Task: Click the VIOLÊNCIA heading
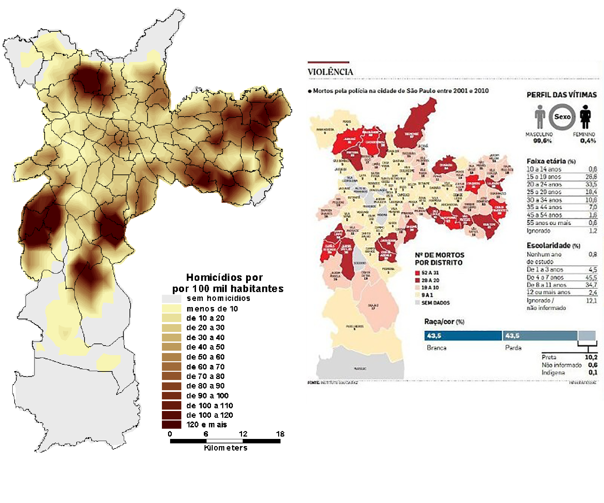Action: (330, 72)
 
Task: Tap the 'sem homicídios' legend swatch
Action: (171, 299)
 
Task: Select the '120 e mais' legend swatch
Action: (171, 425)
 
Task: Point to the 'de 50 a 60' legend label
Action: (205, 357)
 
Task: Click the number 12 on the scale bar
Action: (243, 434)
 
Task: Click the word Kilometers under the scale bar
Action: (226, 448)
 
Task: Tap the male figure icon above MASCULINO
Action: (539, 117)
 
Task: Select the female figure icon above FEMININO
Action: (585, 117)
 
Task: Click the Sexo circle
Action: (562, 117)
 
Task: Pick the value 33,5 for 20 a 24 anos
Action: (591, 184)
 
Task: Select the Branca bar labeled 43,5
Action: (463, 336)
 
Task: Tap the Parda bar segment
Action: (540, 336)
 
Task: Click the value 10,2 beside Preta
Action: (591, 357)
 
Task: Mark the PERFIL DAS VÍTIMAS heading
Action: (561, 95)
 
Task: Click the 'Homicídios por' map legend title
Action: (224, 277)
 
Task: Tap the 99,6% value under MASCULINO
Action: (542, 141)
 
